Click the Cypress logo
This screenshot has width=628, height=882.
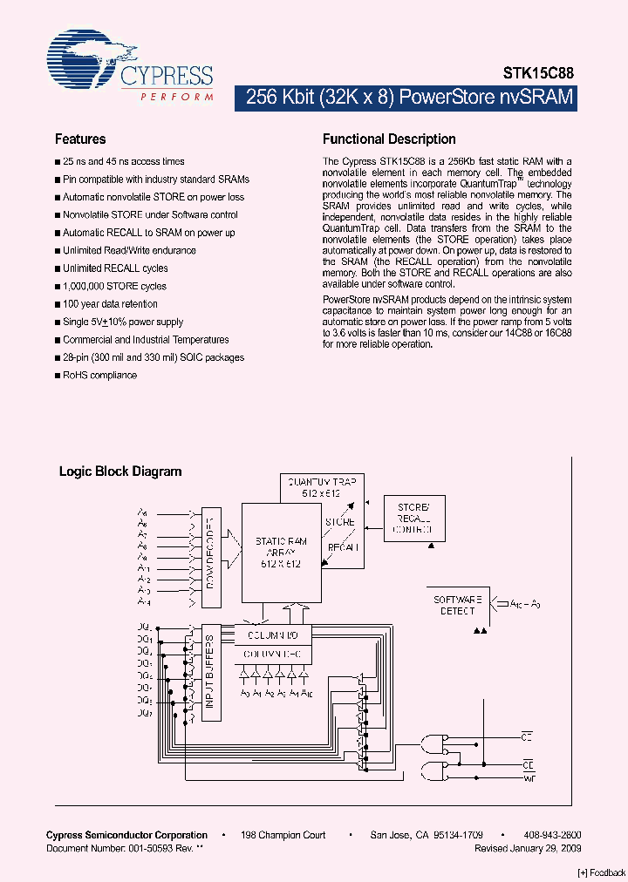point(130,64)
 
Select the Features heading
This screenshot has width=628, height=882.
point(80,139)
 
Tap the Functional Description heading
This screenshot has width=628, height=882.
point(389,139)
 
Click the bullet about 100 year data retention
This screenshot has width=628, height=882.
point(110,304)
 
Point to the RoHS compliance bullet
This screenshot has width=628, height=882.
point(99,376)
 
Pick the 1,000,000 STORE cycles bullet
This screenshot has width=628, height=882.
point(114,286)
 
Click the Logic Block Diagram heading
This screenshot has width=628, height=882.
point(120,472)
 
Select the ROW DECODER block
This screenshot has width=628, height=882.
point(210,558)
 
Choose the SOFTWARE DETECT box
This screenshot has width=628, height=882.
point(459,605)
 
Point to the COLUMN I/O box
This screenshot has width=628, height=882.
point(271,634)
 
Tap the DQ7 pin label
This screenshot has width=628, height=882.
point(145,714)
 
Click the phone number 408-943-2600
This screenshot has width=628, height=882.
point(553,835)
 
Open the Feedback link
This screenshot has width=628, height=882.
point(602,872)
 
